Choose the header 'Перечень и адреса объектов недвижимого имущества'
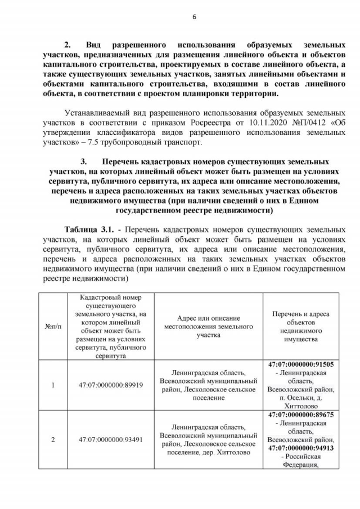click(300, 326)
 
